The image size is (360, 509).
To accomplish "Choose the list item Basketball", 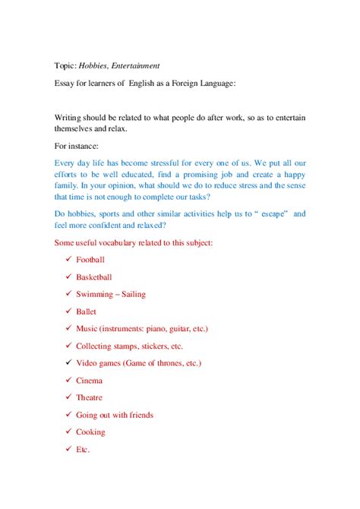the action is (x=95, y=277).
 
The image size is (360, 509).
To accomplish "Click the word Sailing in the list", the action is (x=131, y=294).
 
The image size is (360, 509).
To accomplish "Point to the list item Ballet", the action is (x=86, y=311).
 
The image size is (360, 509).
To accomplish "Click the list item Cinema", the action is (x=89, y=381).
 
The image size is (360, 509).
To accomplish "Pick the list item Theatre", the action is (x=90, y=397).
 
